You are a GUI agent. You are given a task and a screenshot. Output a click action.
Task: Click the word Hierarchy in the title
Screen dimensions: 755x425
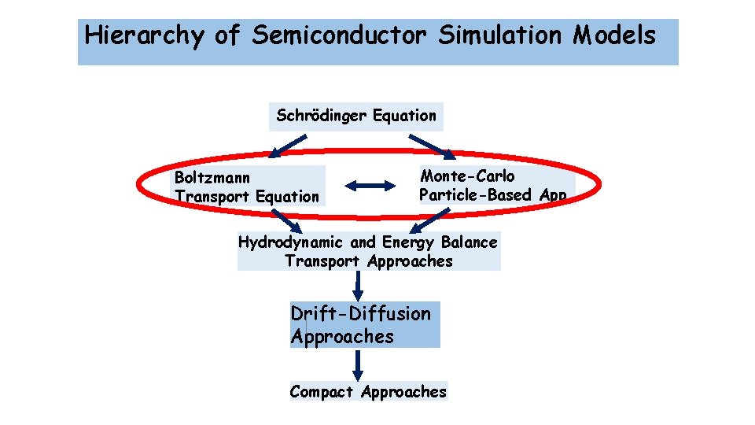click(143, 36)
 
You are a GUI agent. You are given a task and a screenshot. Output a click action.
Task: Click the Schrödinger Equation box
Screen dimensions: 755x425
click(355, 116)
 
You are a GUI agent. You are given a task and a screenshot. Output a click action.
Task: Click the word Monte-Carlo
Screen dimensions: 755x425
click(467, 176)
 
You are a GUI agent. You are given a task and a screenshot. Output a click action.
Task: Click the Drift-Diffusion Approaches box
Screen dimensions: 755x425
click(364, 325)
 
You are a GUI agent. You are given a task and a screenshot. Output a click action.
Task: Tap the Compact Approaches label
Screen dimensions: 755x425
click(368, 391)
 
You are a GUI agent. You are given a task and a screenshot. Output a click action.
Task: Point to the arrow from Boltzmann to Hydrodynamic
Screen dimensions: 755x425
click(286, 219)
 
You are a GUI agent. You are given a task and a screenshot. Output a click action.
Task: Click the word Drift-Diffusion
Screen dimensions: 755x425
click(361, 314)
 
